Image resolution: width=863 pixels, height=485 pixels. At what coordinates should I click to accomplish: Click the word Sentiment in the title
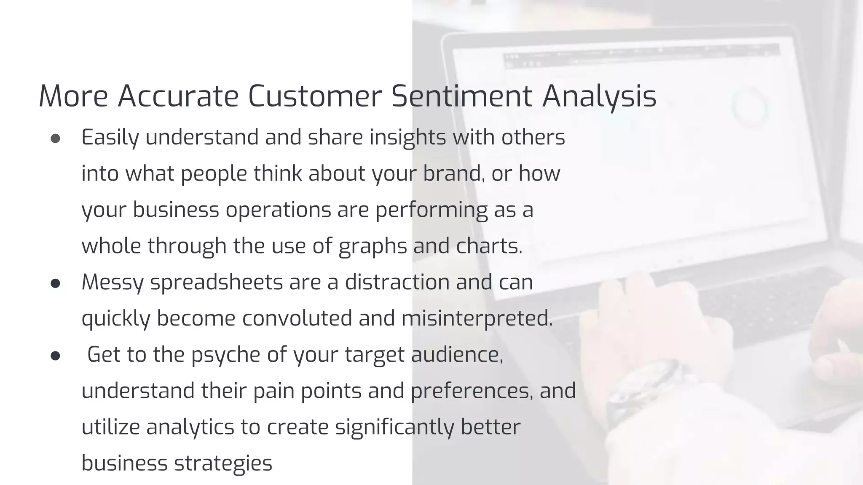[x=461, y=96]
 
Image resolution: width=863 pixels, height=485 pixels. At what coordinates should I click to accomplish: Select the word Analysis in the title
[x=599, y=96]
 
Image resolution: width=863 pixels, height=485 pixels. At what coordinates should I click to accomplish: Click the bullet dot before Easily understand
[x=55, y=139]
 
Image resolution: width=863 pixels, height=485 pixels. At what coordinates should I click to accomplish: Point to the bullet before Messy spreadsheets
[x=55, y=283]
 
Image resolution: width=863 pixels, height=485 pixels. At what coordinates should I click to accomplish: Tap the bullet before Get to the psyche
[x=55, y=356]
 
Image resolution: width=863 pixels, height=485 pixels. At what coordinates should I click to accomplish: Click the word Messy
[x=113, y=282]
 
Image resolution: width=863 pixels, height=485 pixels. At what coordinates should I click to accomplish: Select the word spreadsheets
[x=216, y=282]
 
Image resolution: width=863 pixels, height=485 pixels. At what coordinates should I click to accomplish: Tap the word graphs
[x=373, y=246]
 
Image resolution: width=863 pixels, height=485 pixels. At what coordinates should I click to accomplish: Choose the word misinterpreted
[x=477, y=318]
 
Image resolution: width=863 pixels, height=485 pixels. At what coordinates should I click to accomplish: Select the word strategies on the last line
[x=223, y=463]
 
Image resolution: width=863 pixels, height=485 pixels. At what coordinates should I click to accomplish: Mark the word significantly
[x=394, y=427]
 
